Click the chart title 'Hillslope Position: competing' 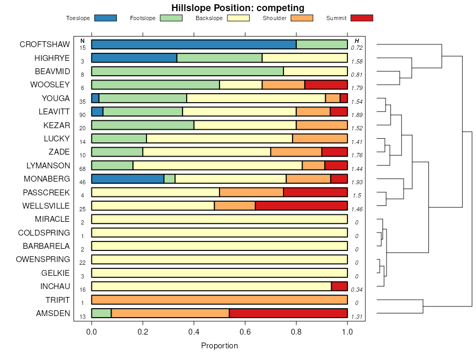pos(237,8)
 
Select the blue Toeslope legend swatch pos(105,18)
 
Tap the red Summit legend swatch pos(362,18)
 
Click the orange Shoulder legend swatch pos(302,18)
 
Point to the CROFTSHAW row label pos(44,44)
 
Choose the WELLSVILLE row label pos(46,205)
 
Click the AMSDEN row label pos(52,313)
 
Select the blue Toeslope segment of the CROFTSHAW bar pos(194,44)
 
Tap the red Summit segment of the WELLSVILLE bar pos(301,206)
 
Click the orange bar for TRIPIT pos(219,300)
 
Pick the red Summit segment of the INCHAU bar pos(339,286)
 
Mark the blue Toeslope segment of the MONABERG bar pos(127,179)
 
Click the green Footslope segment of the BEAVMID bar pos(187,71)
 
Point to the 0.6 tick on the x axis pos(245,322)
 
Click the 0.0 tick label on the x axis pos(91,332)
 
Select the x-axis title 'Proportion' pos(219,346)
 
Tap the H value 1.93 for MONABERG pos(357,182)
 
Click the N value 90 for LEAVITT pos(83,115)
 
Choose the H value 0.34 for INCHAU pos(357,290)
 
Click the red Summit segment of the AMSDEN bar pos(288,313)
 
